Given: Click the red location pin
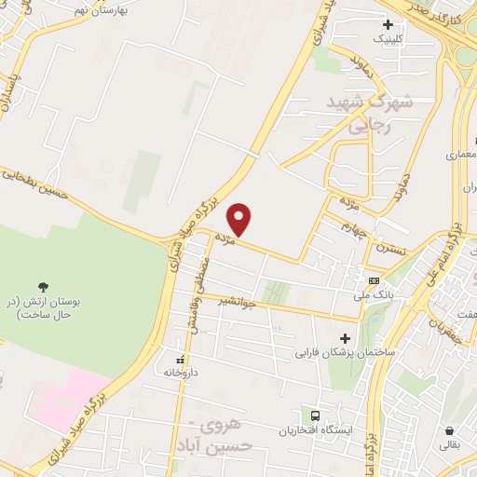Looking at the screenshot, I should pyautogui.click(x=240, y=218).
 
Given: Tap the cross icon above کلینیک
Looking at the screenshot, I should pyautogui.click(x=388, y=24).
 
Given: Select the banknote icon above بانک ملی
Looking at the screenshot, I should pyautogui.click(x=374, y=280).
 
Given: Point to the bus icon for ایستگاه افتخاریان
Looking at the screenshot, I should pyautogui.click(x=316, y=416).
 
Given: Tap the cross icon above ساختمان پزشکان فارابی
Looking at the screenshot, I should pyautogui.click(x=346, y=338).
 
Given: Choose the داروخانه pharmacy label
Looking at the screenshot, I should pyautogui.click(x=183, y=372).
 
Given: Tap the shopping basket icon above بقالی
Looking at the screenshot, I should pyautogui.click(x=451, y=431).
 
